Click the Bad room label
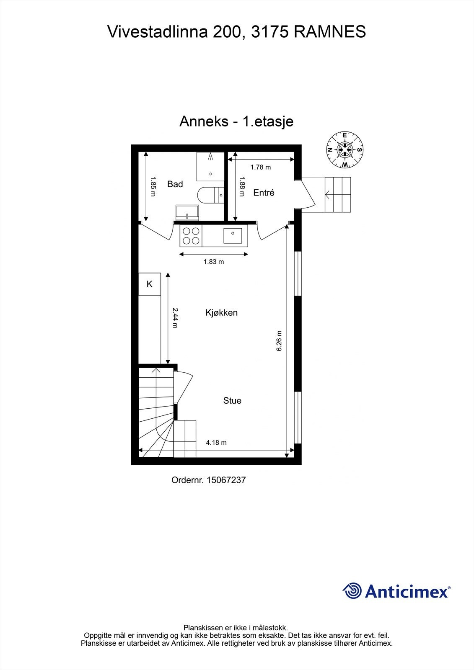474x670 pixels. coord(175,184)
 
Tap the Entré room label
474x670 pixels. coord(264,193)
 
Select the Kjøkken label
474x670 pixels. coord(221,313)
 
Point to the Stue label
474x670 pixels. coord(232,401)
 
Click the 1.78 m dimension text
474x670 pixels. coord(260,167)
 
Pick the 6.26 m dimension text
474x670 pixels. coord(280,341)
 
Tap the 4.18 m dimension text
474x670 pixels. coord(216,443)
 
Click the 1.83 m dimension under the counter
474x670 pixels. coord(213,262)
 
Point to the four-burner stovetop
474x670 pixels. coord(191,235)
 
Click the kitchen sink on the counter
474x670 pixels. coord(232,236)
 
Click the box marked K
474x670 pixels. coord(150,284)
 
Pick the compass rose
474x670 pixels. coord(344,149)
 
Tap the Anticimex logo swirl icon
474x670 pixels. coord(352,591)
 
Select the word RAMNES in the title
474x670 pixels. coord(329,32)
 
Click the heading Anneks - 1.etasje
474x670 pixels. coord(236,121)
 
